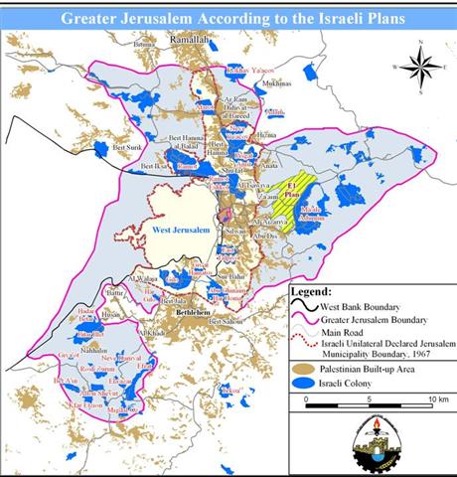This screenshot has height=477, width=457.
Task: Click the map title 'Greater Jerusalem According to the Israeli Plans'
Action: [228, 18]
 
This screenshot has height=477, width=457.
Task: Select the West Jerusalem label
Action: [182, 229]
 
